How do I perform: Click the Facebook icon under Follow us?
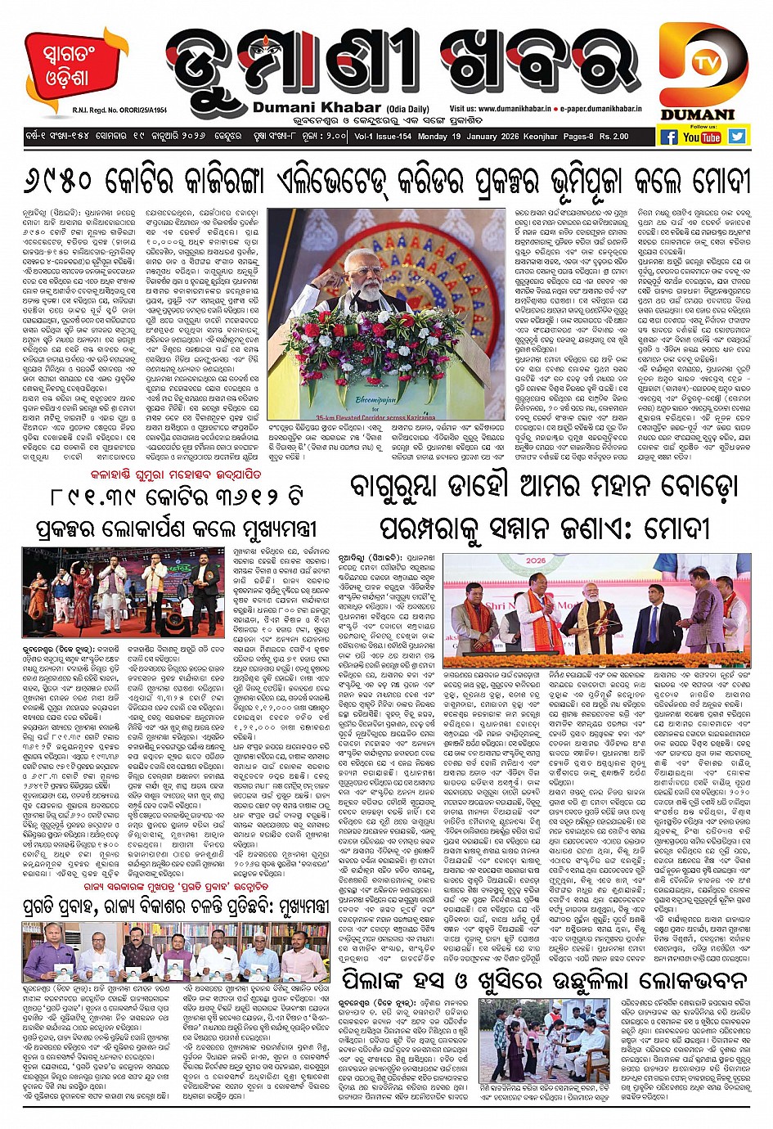[668, 137]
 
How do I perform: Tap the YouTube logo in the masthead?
[703, 137]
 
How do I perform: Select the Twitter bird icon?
[737, 137]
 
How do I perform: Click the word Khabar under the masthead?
[308, 109]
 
